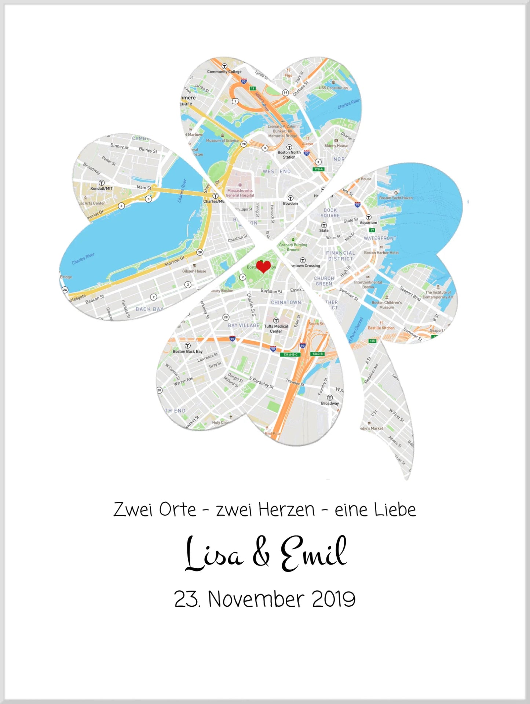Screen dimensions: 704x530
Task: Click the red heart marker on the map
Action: (x=263, y=266)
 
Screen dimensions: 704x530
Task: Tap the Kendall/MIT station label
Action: (x=102, y=188)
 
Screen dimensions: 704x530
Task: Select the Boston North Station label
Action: (x=289, y=155)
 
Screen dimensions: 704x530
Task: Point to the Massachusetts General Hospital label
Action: (x=240, y=193)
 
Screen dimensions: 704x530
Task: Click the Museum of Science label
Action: (x=222, y=141)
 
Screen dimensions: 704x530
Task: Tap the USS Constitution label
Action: (x=333, y=88)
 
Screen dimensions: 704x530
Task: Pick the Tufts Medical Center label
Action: (x=276, y=329)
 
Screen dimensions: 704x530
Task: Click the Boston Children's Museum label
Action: (x=387, y=305)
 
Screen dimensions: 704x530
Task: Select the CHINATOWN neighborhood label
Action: (x=286, y=302)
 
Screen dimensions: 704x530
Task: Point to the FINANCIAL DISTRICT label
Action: (x=340, y=255)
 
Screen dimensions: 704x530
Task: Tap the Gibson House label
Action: (x=194, y=271)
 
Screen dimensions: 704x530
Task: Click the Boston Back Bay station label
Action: (x=187, y=351)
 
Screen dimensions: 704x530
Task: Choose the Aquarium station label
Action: (x=368, y=222)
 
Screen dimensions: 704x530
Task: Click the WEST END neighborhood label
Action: (x=277, y=171)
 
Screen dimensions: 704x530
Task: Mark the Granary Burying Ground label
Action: (x=293, y=247)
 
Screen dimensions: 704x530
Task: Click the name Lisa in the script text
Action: (x=213, y=554)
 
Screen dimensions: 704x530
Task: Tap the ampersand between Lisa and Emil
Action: (x=261, y=554)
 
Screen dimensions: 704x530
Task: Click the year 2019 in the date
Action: (x=333, y=599)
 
